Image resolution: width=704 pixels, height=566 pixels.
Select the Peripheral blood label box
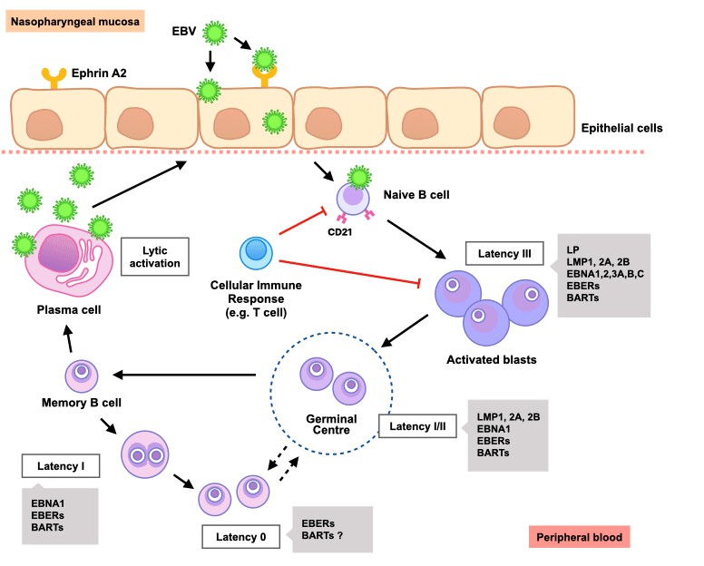tap(578, 537)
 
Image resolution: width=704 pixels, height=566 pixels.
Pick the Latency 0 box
tap(240, 536)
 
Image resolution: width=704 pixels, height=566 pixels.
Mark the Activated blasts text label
tap(492, 359)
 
